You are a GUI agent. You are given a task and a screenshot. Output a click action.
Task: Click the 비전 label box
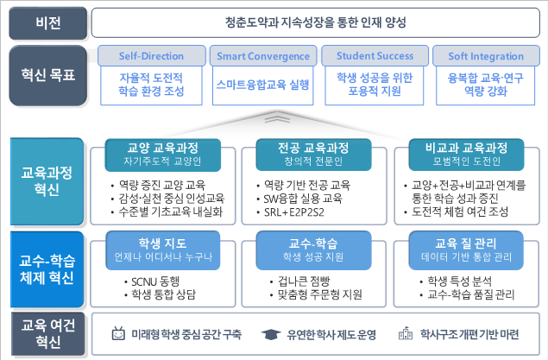(47, 23)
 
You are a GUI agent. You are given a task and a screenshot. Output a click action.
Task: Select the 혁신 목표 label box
(47, 75)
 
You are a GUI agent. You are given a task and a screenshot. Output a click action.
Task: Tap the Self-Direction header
(151, 56)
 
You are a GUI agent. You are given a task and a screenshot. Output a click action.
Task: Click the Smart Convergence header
(263, 56)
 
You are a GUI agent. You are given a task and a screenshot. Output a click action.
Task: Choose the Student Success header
(375, 56)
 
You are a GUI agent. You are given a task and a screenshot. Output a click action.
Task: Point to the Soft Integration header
(486, 56)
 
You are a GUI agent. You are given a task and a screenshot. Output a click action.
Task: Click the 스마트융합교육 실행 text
(263, 85)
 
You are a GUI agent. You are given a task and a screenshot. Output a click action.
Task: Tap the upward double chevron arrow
(277, 117)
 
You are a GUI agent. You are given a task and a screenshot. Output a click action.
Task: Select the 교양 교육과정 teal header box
(163, 155)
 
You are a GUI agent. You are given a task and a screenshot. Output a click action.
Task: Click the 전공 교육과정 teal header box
(313, 155)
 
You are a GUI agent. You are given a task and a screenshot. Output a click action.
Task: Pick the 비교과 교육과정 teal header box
(466, 155)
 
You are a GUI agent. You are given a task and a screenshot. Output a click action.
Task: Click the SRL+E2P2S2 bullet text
(294, 212)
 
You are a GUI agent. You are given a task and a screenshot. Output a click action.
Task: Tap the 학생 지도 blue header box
(163, 250)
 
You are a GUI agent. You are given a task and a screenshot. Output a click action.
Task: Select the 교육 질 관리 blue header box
(466, 250)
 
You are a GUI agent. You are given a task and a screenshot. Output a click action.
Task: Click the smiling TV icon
(118, 333)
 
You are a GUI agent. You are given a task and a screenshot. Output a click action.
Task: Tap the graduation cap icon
(271, 334)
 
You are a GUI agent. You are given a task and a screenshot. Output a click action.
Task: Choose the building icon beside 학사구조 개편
(406, 333)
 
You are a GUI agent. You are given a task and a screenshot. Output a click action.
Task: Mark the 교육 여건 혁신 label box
(47, 334)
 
